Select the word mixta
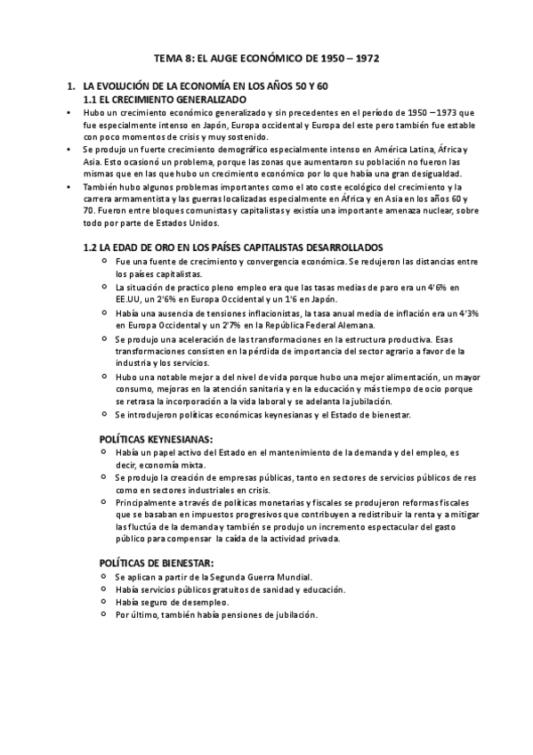coord(191,466)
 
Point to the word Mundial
coord(291,577)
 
